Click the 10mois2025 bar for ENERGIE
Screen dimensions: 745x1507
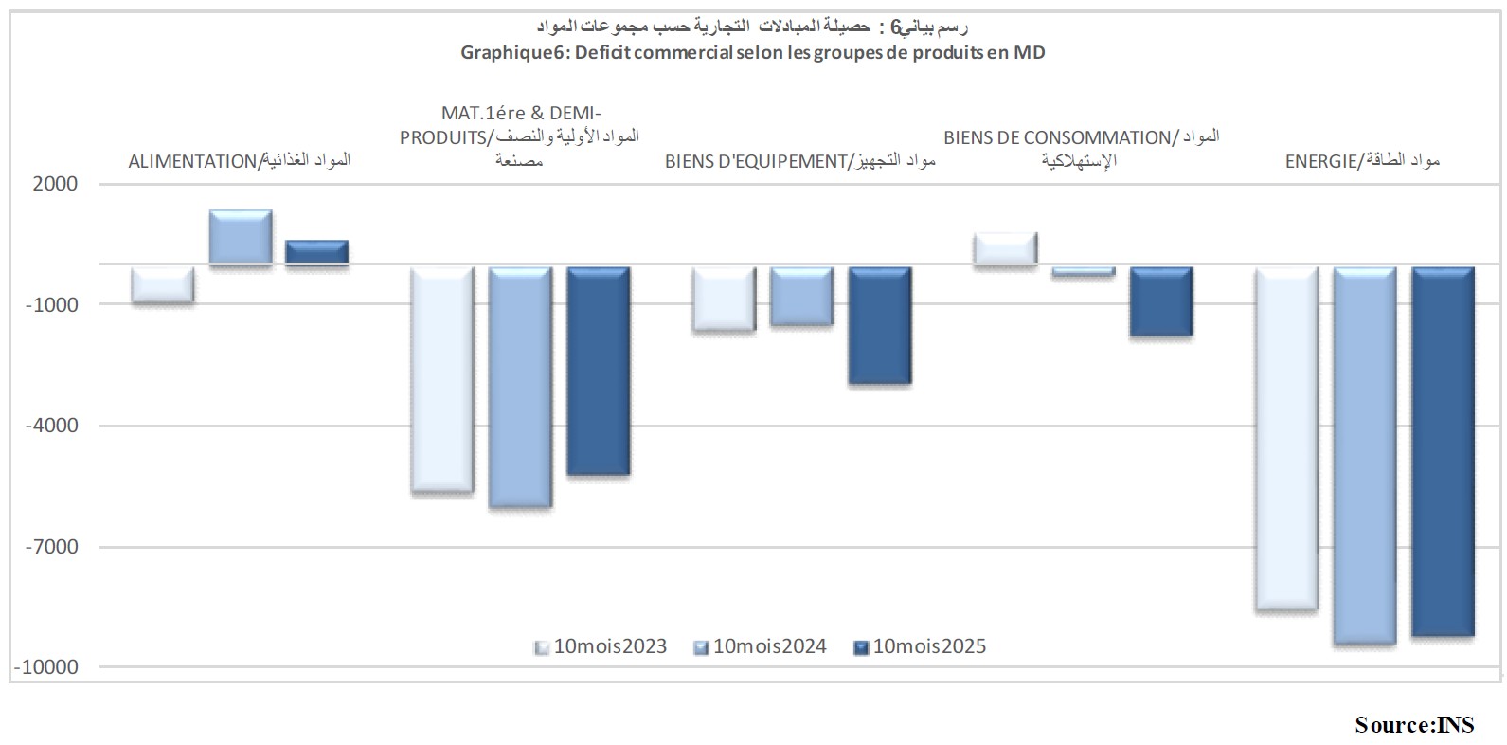1443,450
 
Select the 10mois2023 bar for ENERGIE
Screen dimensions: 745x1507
1286,438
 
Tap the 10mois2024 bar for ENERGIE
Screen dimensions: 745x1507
1365,455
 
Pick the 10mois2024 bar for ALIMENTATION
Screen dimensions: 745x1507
241,237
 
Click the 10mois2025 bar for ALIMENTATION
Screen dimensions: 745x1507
317,252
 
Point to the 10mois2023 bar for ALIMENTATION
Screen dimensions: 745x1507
163,284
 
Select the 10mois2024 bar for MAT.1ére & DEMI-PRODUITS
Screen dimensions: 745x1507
519,387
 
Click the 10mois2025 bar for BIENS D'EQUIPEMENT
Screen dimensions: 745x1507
879,325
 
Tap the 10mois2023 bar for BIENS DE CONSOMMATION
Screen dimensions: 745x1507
1005,248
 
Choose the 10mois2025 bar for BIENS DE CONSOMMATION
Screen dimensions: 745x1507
1161,301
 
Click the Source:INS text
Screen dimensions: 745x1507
1414,725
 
